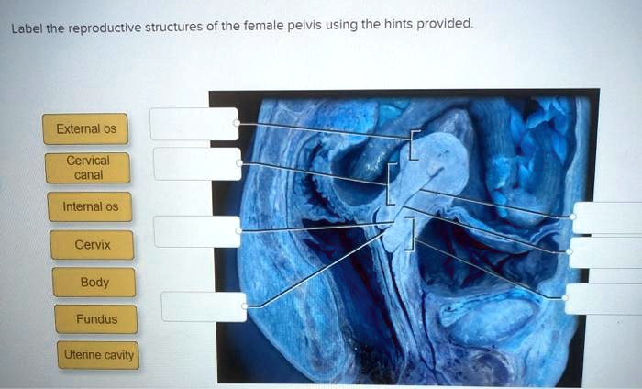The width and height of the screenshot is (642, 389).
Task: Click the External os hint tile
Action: (x=85, y=128)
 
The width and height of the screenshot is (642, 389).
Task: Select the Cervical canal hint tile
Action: (x=89, y=168)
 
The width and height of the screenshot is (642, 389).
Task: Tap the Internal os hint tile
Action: (x=90, y=206)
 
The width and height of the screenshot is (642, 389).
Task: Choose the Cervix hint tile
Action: (x=93, y=245)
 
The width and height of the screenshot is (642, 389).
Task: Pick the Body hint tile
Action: (x=94, y=283)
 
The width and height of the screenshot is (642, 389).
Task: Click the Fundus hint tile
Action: (x=96, y=319)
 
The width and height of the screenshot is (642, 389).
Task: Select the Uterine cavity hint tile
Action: (x=98, y=355)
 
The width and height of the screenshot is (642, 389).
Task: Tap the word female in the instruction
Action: (x=266, y=27)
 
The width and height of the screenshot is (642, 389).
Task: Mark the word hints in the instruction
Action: (x=395, y=26)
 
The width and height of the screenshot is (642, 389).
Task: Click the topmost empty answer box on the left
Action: (x=194, y=124)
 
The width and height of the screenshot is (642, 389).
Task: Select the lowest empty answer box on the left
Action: (x=204, y=306)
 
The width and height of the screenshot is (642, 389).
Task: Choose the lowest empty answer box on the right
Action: (x=603, y=299)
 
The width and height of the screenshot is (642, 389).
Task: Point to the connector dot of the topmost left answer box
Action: (x=237, y=122)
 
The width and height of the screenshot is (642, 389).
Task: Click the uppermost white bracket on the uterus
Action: (x=415, y=144)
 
